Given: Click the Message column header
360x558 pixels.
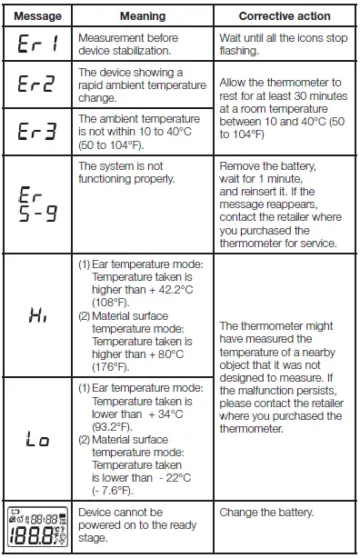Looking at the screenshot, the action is [37, 16].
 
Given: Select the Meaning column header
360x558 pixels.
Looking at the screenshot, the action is [143, 16].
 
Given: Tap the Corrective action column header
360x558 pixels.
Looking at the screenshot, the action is [284, 16].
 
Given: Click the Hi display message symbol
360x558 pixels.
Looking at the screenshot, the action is [37, 317].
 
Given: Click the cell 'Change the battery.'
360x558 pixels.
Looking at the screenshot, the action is [266, 513].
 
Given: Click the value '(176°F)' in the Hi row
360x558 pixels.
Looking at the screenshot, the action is [106, 367].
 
